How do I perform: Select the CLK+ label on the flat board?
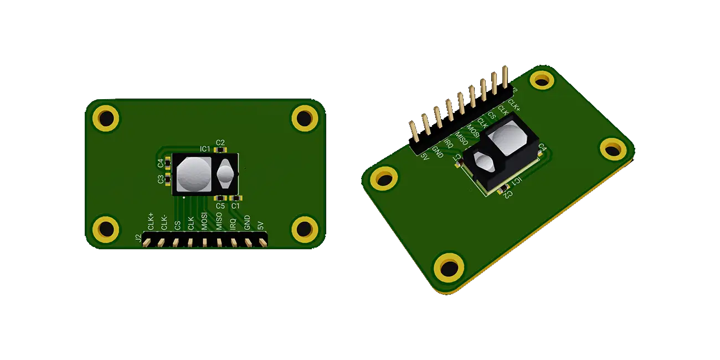pos(151,220)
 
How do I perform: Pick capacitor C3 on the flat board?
pos(168,179)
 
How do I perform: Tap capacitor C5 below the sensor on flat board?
pos(220,198)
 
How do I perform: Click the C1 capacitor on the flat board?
pos(236,198)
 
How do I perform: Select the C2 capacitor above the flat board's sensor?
pos(220,150)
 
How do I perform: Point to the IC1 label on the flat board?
pos(205,149)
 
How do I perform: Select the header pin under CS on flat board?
pos(176,241)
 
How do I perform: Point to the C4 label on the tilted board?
pos(542,148)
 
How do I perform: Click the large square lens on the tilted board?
pos(510,138)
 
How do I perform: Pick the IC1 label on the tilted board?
pos(515,182)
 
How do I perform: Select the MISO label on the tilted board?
pos(461,137)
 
